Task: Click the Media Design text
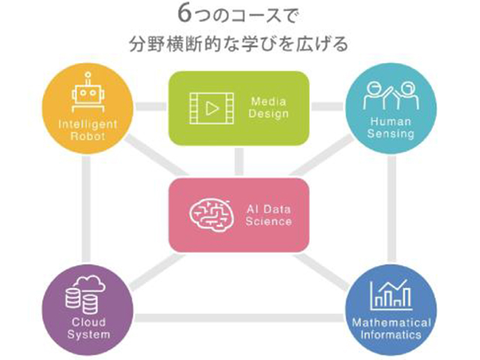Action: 269,108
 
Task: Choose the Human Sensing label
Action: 390,128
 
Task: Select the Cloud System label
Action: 88,329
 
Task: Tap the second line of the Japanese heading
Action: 238,44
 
